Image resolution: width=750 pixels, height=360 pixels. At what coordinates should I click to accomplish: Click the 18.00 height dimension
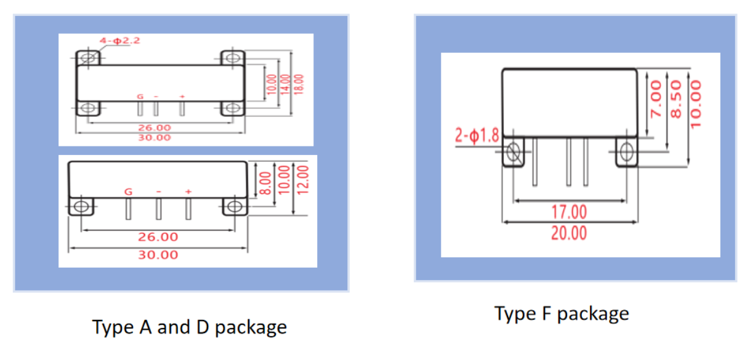point(299,84)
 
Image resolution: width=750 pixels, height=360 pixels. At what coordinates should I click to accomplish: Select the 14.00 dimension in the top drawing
point(284,84)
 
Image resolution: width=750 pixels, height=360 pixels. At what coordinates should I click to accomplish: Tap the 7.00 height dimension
point(656,100)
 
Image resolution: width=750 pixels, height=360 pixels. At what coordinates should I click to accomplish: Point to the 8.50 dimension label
point(675,100)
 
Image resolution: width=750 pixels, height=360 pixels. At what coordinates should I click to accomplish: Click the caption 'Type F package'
point(562,313)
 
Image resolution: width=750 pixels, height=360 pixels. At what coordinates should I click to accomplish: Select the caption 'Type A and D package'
point(189,326)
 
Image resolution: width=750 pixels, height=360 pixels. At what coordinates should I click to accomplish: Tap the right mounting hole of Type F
point(627,152)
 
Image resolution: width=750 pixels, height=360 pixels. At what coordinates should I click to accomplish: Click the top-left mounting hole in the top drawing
point(88,58)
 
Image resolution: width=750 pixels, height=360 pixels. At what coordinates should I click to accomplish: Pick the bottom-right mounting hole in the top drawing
point(232,108)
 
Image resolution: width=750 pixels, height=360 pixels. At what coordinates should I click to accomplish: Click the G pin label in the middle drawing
point(129,192)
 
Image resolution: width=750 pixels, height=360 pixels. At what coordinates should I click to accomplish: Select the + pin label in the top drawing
point(182,97)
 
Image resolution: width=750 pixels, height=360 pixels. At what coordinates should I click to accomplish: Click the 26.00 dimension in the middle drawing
point(158,237)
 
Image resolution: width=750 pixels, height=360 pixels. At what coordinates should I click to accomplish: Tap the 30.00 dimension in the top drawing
point(154,137)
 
